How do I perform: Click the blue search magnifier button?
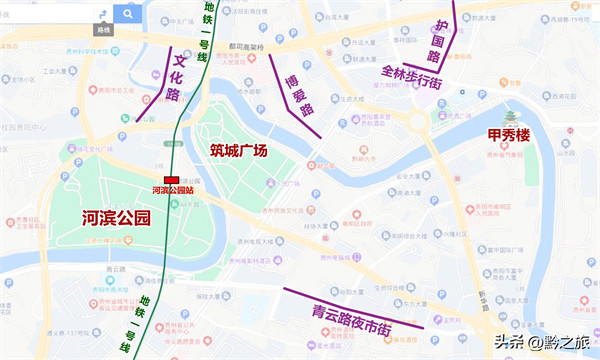[x=128, y=13]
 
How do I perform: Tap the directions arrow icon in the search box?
[x=102, y=13]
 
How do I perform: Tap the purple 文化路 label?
[x=174, y=78]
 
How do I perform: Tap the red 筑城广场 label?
[x=238, y=151]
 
